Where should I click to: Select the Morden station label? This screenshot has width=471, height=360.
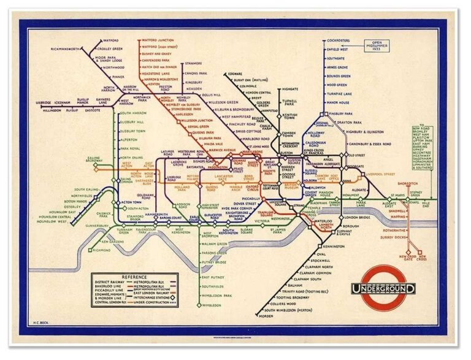pos(266,316)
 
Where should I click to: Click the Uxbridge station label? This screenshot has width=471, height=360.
pos(43,102)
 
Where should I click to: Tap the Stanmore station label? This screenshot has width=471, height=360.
pos(194,63)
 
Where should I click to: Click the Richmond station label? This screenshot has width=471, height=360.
pos(102,250)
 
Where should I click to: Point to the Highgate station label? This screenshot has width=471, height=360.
pos(289,89)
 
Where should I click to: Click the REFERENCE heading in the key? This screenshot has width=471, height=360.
pos(133,277)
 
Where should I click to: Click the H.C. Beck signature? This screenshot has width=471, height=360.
pos(40,321)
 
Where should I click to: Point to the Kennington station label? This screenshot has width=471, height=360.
pos(334,246)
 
